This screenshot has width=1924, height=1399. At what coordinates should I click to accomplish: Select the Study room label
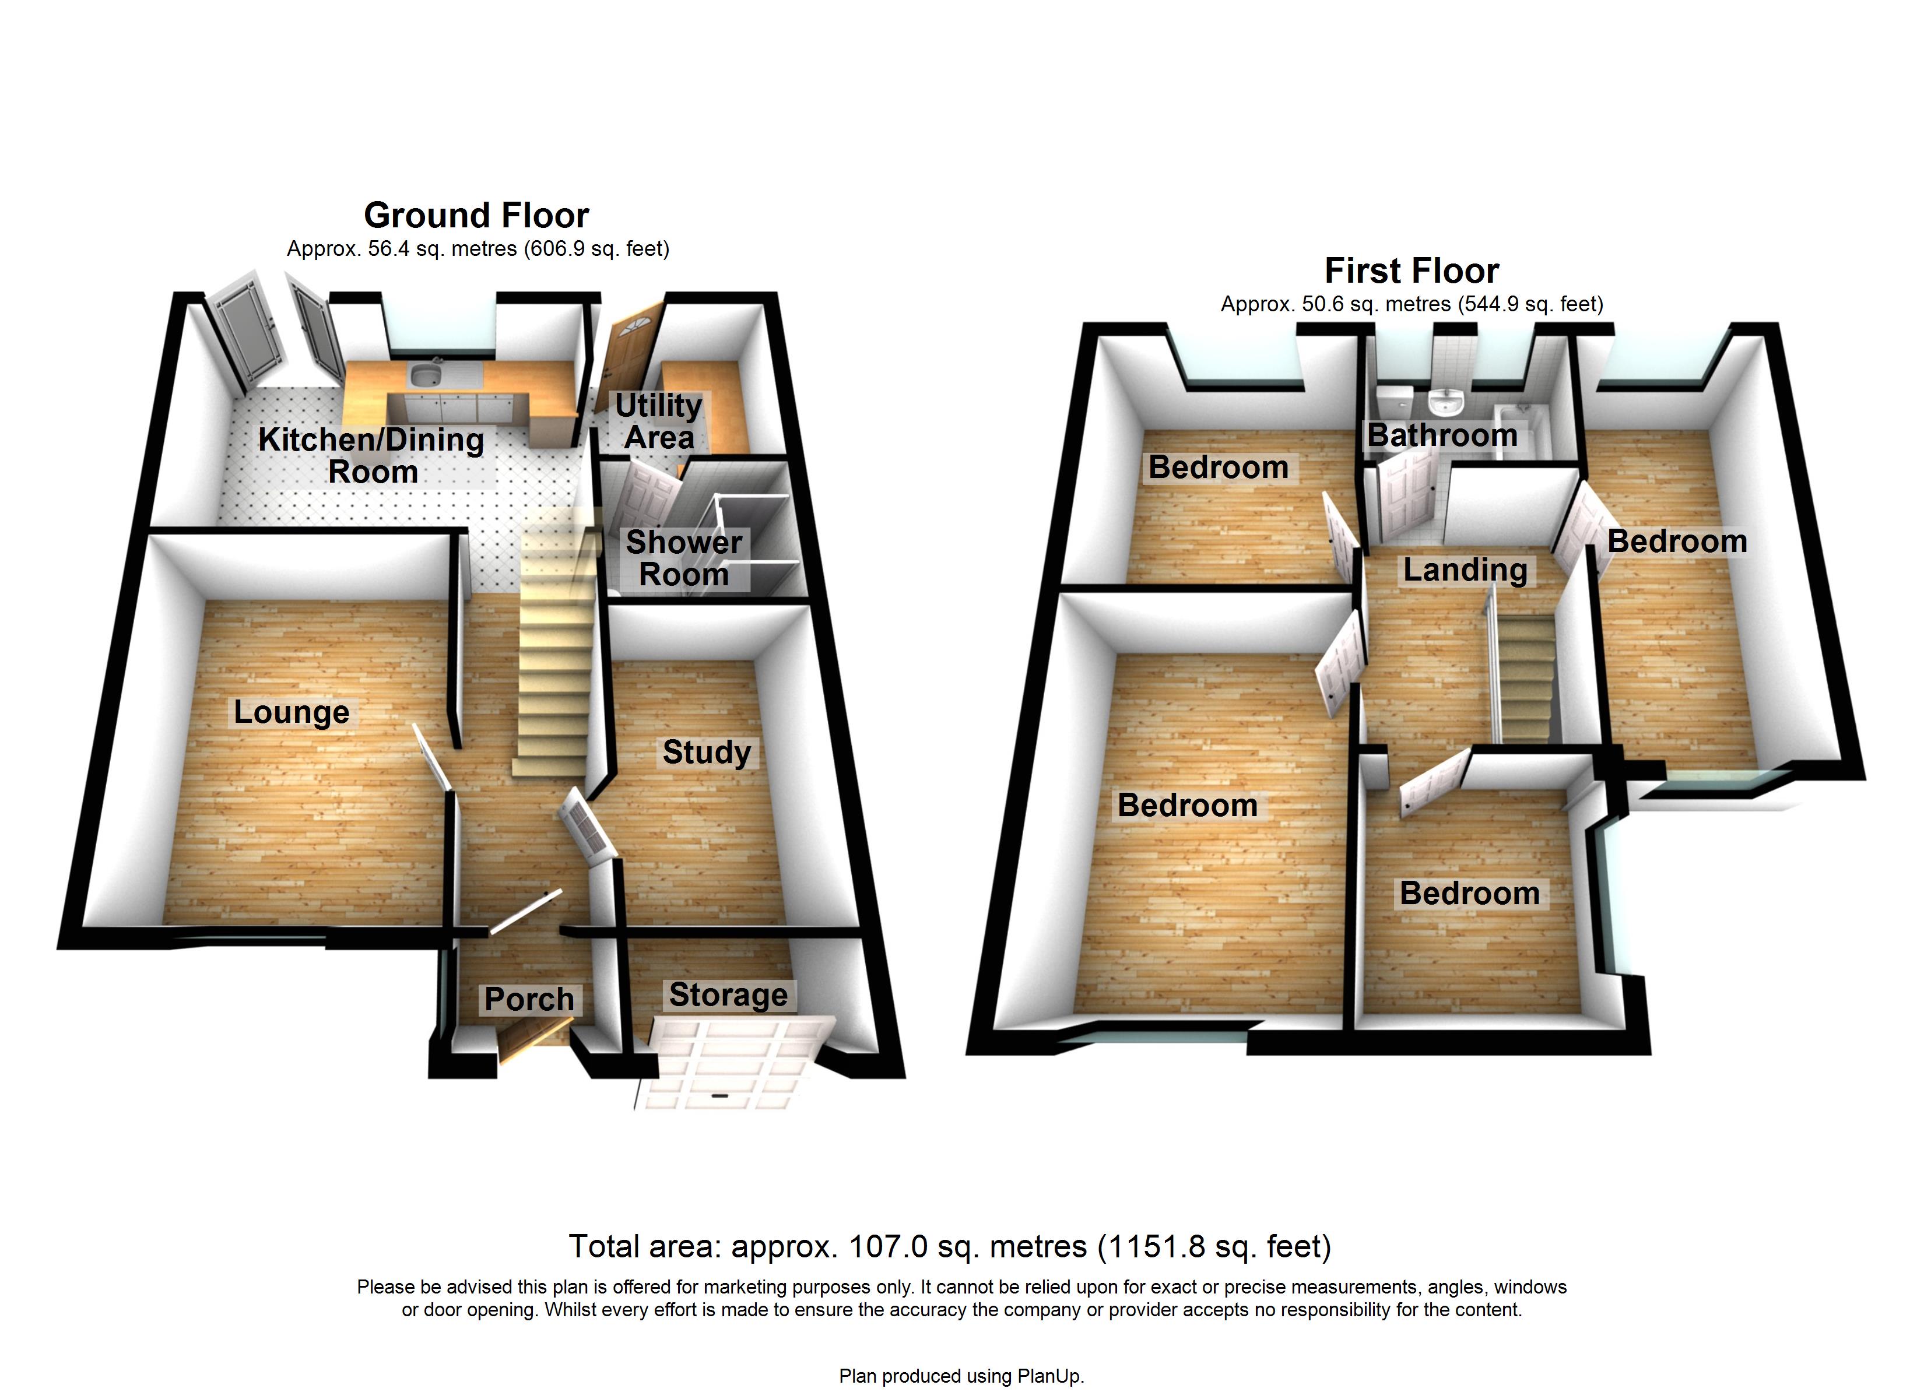pos(707,753)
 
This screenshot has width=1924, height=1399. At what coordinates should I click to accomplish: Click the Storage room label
pos(728,994)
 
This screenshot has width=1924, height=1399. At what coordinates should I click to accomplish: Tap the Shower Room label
pos(684,558)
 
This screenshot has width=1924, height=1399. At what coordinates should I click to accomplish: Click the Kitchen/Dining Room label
pos(371,456)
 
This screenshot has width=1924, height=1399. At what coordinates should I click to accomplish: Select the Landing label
pos(1465,570)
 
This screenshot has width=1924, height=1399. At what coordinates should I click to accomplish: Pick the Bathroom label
pos(1442,435)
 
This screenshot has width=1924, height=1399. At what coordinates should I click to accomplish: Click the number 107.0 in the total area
pos(880,1246)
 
